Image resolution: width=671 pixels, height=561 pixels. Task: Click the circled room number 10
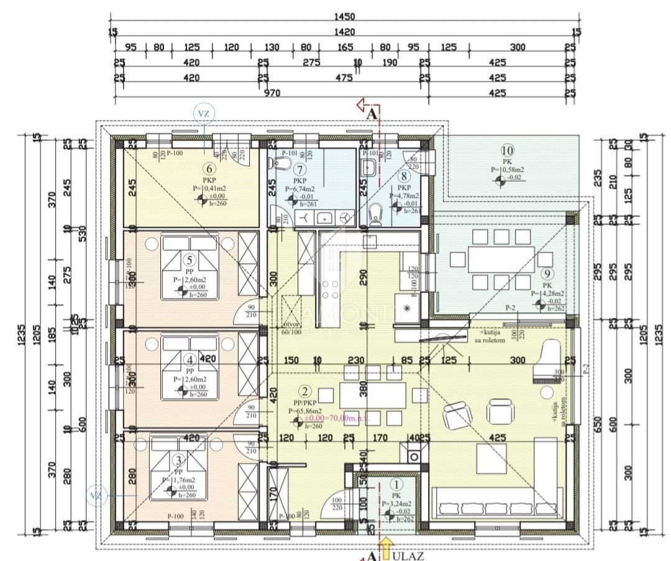[507, 150]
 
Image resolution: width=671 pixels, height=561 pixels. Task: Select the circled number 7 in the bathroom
[301, 169]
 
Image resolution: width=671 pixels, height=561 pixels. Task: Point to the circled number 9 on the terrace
[547, 274]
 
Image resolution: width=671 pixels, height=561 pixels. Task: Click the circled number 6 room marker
[209, 168]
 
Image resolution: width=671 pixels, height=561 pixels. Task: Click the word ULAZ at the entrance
[408, 555]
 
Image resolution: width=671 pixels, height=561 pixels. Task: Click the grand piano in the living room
[550, 355]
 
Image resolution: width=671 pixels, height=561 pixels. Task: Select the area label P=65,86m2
[305, 411]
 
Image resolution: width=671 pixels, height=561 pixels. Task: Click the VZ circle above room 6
[204, 113]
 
